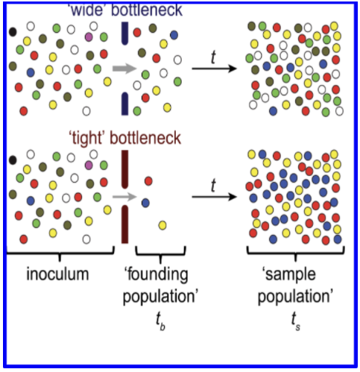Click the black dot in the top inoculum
13,32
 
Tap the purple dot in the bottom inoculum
89,165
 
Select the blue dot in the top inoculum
31,72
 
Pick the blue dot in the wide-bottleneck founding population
174,35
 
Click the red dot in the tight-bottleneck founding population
148,181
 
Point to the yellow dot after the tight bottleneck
162,225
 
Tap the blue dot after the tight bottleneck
145,203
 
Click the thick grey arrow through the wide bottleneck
124,69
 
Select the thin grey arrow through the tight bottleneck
124,197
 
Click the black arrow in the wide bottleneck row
214,69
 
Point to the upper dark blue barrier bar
124,34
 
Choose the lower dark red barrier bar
124,224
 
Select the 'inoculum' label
57,274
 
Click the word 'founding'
156,275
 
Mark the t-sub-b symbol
160,321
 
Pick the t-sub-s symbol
296,321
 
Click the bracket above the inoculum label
60,253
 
